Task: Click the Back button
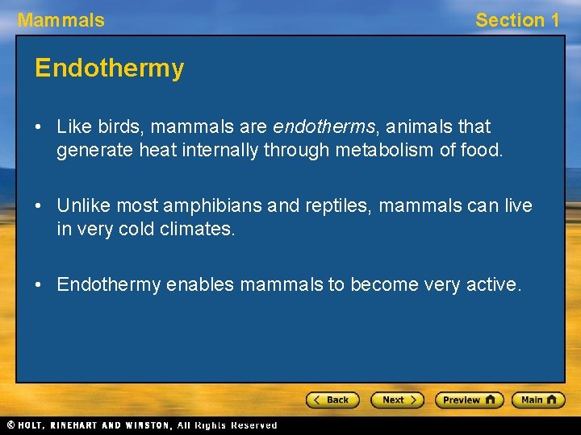click(332, 400)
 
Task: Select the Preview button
click(469, 400)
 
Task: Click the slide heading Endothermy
click(109, 68)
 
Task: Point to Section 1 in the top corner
click(516, 20)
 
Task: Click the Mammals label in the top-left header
click(61, 20)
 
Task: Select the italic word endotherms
click(324, 126)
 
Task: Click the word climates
click(194, 229)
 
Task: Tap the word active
click(494, 284)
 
